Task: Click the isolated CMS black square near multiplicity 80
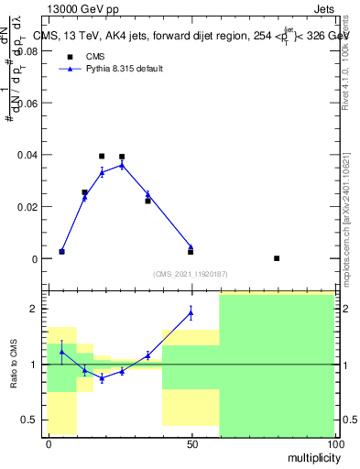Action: point(277,258)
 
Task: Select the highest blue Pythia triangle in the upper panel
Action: point(122,165)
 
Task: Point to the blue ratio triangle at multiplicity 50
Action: point(191,312)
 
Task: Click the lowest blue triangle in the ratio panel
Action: point(102,377)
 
